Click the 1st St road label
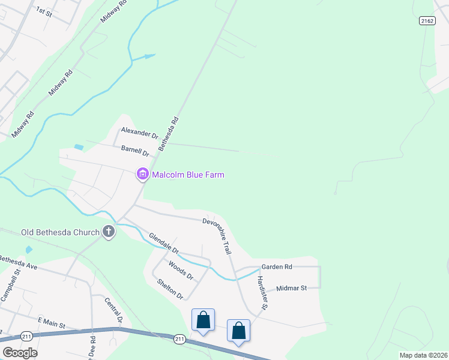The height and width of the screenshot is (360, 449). coord(44,11)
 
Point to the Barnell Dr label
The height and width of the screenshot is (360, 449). coord(134,150)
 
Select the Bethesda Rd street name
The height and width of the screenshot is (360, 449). coord(169,133)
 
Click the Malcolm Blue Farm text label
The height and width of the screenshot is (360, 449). coord(188,175)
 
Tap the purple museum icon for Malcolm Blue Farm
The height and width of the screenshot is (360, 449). coord(143,175)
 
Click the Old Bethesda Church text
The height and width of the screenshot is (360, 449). coord(59,232)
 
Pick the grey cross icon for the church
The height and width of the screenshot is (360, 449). coord(109,232)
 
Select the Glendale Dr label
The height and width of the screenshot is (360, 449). coord(164,242)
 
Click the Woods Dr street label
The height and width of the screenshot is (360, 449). coord(181,271)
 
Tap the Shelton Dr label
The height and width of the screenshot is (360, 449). coord(170,289)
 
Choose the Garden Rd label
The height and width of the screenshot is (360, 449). coord(276,266)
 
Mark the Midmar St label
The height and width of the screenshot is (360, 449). coord(291,288)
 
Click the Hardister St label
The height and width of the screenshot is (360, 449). coord(261,293)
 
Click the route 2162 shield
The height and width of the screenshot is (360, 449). coord(427,20)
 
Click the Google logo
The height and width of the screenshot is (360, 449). coord(20,352)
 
